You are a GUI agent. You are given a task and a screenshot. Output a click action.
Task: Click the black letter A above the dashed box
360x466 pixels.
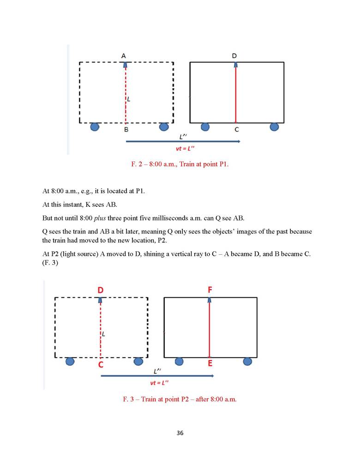(x=124, y=56)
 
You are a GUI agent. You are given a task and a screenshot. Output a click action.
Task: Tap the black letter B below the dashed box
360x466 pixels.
(x=126, y=130)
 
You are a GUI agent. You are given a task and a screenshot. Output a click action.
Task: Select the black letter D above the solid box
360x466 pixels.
(x=234, y=56)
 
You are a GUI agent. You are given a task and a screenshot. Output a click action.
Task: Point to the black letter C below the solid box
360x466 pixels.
(x=236, y=130)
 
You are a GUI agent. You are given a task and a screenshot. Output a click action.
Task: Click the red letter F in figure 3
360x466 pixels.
(x=210, y=290)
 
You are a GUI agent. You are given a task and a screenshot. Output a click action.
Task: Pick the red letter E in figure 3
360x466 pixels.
(x=210, y=364)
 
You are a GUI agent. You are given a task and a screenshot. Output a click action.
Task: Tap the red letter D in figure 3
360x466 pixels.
(x=100, y=290)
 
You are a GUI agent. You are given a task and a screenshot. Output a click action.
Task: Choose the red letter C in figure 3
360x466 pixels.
(x=100, y=364)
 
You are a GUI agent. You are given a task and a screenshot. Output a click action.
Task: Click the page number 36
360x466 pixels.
(x=180, y=433)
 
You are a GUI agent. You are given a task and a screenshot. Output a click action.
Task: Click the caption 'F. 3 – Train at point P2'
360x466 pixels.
(x=180, y=399)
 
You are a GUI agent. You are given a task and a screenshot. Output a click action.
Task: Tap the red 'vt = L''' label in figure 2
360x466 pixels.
(x=183, y=148)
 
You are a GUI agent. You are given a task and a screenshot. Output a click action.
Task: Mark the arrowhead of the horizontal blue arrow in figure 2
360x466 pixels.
(x=239, y=142)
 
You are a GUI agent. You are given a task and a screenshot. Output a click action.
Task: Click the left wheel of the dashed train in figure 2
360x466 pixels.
(x=95, y=126)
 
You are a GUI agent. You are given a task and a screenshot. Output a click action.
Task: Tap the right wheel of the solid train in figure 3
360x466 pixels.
(x=247, y=361)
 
